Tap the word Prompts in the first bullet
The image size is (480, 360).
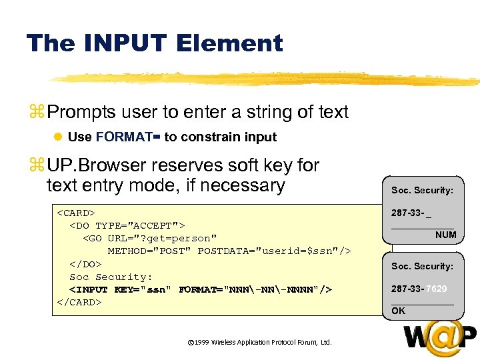tap(81, 112)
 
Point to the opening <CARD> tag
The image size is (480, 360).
tap(75, 213)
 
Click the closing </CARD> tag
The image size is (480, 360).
tap(79, 302)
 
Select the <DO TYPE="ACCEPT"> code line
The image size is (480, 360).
tap(127, 226)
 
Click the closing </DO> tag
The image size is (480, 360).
tap(85, 264)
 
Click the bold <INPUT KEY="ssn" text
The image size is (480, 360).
tap(121, 289)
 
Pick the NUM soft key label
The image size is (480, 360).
tap(445, 235)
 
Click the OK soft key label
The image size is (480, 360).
tap(398, 311)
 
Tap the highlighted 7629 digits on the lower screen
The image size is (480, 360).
tap(437, 289)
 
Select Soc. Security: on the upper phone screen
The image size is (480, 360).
tap(422, 190)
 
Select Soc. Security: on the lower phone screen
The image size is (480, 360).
tap(422, 266)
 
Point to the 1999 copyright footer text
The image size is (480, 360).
tap(259, 342)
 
